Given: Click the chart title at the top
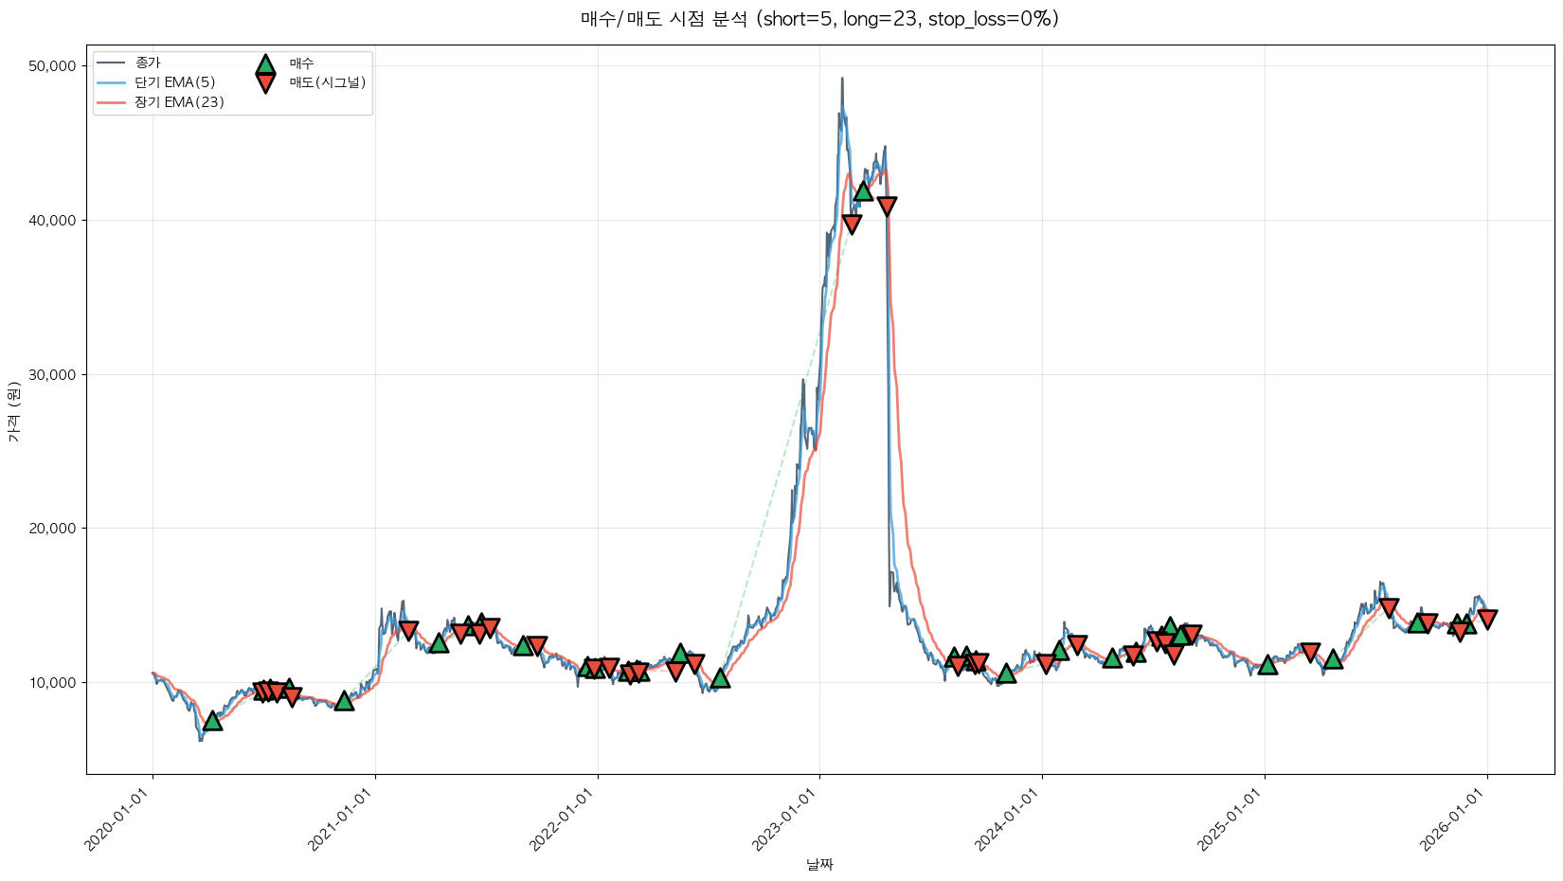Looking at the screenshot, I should click(x=819, y=19).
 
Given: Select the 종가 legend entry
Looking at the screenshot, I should click(x=148, y=63).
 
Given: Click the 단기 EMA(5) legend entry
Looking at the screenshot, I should click(x=175, y=82).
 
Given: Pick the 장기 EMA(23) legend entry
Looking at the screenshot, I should click(x=179, y=102).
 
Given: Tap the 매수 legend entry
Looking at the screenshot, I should click(x=301, y=63).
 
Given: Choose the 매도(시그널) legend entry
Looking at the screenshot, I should click(x=327, y=82).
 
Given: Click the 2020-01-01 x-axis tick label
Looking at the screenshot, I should click(x=119, y=820).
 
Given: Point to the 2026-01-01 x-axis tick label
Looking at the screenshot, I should click(x=1453, y=820).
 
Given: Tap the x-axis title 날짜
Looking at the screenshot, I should click(x=819, y=864).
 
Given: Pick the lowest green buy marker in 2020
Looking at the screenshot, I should click(x=212, y=721).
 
